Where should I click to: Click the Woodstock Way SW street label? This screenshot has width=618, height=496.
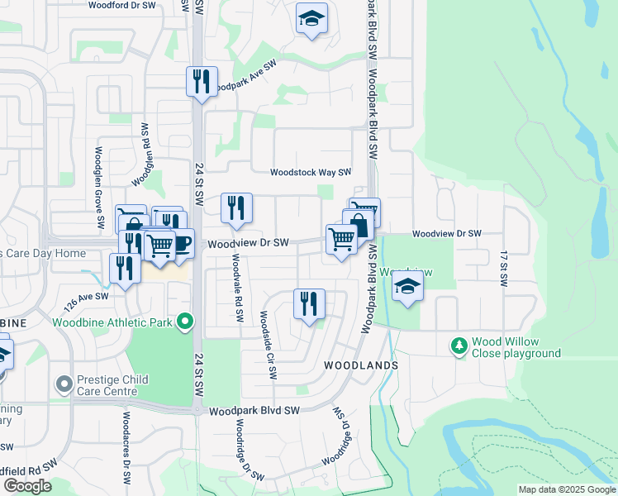tap(311, 173)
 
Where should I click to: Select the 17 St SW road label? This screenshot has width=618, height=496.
tap(502, 269)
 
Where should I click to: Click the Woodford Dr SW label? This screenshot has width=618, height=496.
tap(122, 5)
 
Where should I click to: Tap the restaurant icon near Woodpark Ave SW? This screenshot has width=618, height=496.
tap(202, 82)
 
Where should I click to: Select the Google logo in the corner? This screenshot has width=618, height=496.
tap(27, 486)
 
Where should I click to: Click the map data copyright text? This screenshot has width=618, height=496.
tap(567, 489)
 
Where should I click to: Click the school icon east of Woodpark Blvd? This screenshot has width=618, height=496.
tap(406, 288)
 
